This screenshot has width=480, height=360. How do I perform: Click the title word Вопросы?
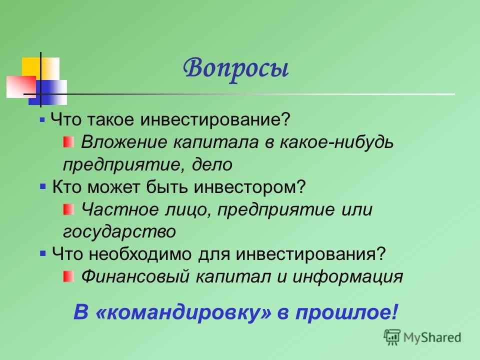[235, 69]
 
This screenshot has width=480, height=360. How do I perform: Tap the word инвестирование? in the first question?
[215, 119]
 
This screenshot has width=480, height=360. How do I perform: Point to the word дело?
[212, 164]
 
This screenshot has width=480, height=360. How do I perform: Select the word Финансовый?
[135, 276]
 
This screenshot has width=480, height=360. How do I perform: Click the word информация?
[348, 277]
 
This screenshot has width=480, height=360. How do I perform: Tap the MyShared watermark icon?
[392, 336]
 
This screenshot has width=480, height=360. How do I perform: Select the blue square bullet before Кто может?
[43, 186]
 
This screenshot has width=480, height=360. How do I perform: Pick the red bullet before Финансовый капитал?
[68, 276]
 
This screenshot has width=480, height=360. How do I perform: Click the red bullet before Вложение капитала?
[68, 142]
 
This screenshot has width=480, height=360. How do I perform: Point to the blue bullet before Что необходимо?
[43, 253]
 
